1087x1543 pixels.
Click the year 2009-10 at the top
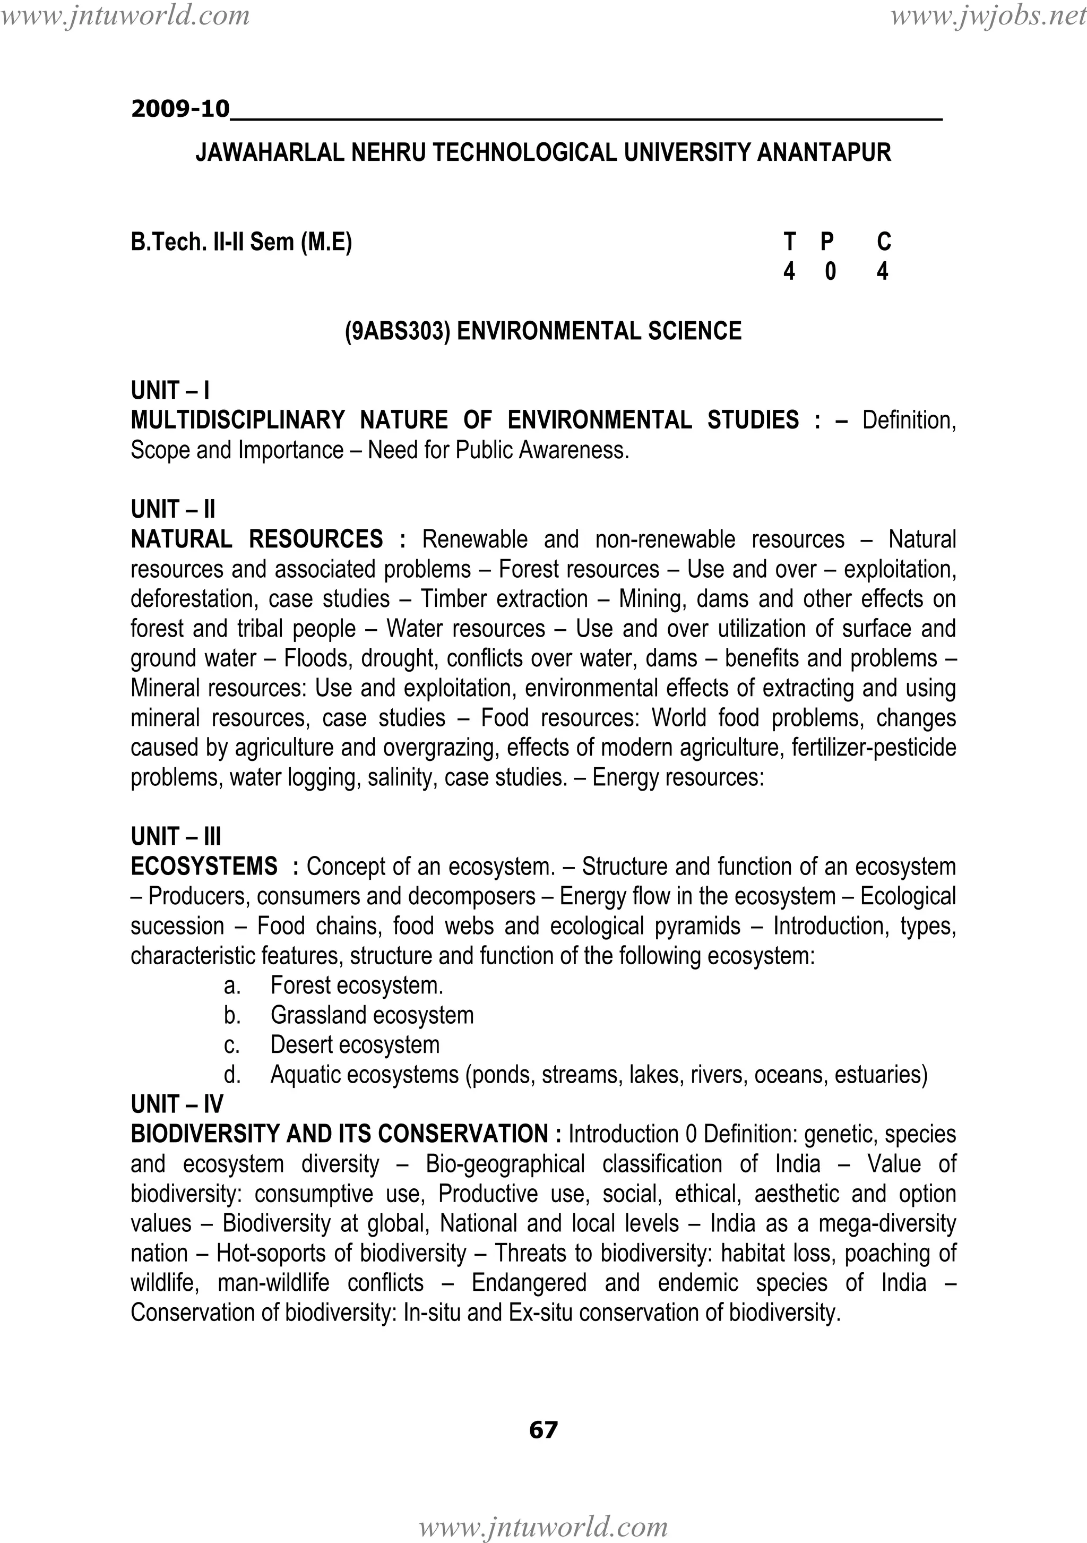[180, 109]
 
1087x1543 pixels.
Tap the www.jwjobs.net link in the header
[988, 15]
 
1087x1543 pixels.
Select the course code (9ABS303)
[397, 331]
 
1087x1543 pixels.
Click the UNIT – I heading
[170, 390]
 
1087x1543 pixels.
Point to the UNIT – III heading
[175, 837]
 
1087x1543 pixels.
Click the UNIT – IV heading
[177, 1104]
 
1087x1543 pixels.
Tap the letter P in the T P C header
[827, 241]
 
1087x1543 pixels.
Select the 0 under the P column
[830, 271]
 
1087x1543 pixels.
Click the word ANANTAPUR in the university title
[824, 153]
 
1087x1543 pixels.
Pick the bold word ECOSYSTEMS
[204, 866]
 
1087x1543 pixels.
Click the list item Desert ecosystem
[355, 1045]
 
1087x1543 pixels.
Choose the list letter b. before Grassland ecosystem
[232, 1015]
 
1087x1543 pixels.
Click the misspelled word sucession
[177, 926]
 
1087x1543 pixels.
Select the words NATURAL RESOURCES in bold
[257, 539]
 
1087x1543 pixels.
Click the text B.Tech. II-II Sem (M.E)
[241, 241]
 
